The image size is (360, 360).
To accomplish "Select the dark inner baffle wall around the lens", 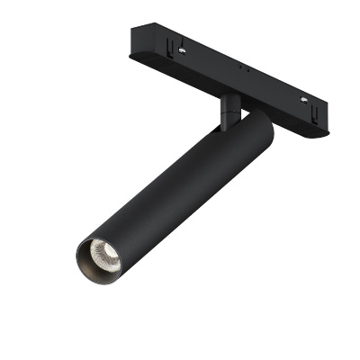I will (90, 263).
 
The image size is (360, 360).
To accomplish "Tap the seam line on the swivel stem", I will (231, 110).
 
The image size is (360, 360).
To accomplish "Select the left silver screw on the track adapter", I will (184, 50).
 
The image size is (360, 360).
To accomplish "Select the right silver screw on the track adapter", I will (303, 97).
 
